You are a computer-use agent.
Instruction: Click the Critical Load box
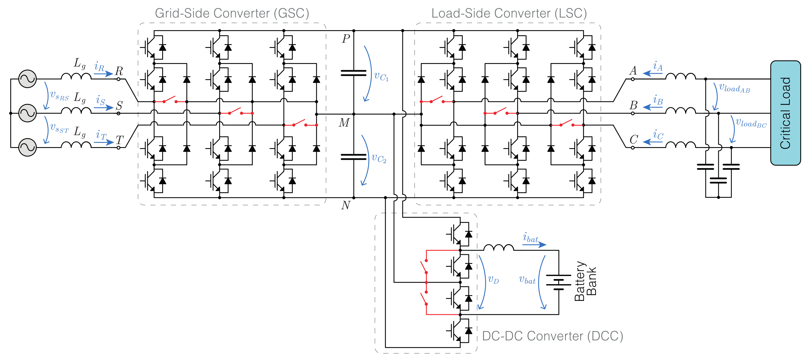(785, 113)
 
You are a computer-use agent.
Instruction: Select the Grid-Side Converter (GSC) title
(232, 13)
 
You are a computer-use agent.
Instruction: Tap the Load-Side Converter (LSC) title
(509, 13)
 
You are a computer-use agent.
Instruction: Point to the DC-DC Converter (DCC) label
(552, 336)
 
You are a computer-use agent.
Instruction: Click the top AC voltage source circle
(27, 79)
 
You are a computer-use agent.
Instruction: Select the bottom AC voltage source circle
(27, 147)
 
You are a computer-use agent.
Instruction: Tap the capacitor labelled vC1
(354, 73)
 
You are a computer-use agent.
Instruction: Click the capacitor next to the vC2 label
(354, 157)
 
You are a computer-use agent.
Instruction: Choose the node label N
(346, 205)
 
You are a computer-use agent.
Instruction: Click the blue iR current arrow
(103, 74)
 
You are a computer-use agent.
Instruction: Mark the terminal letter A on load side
(633, 71)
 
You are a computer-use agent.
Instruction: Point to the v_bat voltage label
(527, 280)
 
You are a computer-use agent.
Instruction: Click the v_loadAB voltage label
(734, 88)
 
